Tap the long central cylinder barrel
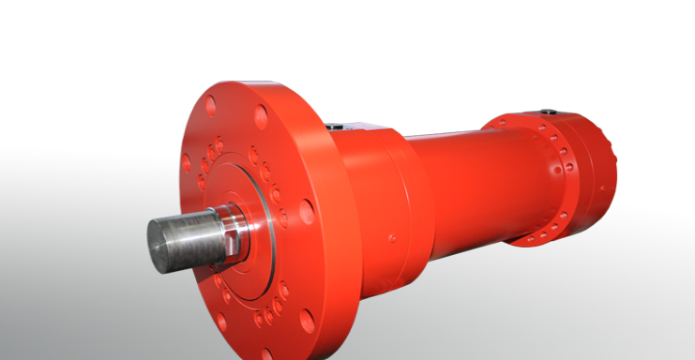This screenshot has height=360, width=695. [469, 183]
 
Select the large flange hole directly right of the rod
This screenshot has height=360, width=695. [307, 212]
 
